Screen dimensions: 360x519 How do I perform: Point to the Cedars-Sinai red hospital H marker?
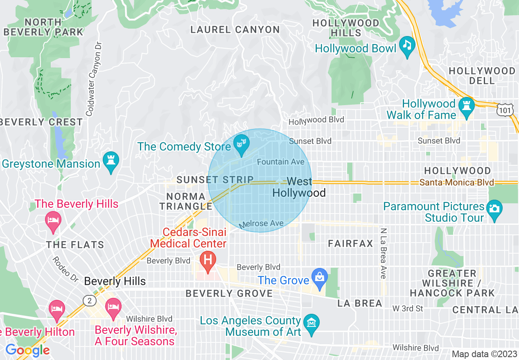click(208, 261)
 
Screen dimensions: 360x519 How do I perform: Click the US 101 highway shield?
click(505, 109)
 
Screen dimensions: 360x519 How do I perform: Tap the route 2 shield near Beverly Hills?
click(89, 301)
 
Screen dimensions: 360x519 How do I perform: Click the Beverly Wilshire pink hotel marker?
click(113, 308)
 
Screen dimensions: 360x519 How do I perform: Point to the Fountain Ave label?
click(280, 162)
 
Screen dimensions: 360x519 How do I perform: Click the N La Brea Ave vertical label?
click(383, 253)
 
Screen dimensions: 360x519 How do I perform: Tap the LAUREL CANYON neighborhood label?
click(235, 29)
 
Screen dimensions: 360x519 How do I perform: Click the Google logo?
click(27, 350)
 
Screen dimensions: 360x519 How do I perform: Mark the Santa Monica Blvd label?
click(456, 182)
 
